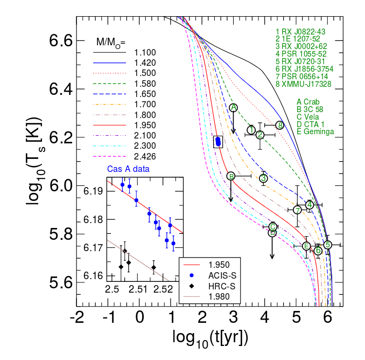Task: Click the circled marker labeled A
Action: pyautogui.click(x=234, y=108)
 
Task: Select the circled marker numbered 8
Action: pyautogui.click(x=279, y=125)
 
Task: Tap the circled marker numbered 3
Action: pyautogui.click(x=263, y=178)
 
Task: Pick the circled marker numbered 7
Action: pyautogui.click(x=298, y=210)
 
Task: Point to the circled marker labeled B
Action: pyautogui.click(x=231, y=176)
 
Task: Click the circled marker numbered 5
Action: pyautogui.click(x=327, y=245)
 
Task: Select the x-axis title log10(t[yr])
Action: pyautogui.click(x=210, y=337)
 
